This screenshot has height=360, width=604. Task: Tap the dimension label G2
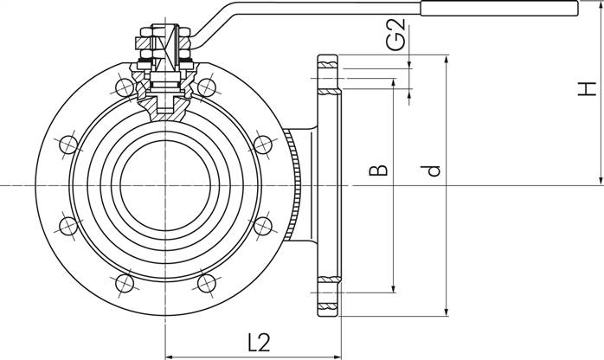[396, 35]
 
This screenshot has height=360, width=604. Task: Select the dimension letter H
[587, 89]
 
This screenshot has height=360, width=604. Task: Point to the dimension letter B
[378, 170]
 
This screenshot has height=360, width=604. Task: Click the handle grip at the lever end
[499, 9]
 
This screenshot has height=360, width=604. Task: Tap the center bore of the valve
[165, 185]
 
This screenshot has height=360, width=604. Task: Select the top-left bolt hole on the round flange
[125, 87]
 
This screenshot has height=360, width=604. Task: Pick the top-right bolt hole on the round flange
[207, 87]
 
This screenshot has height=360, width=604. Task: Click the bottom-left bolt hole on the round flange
[125, 284]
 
